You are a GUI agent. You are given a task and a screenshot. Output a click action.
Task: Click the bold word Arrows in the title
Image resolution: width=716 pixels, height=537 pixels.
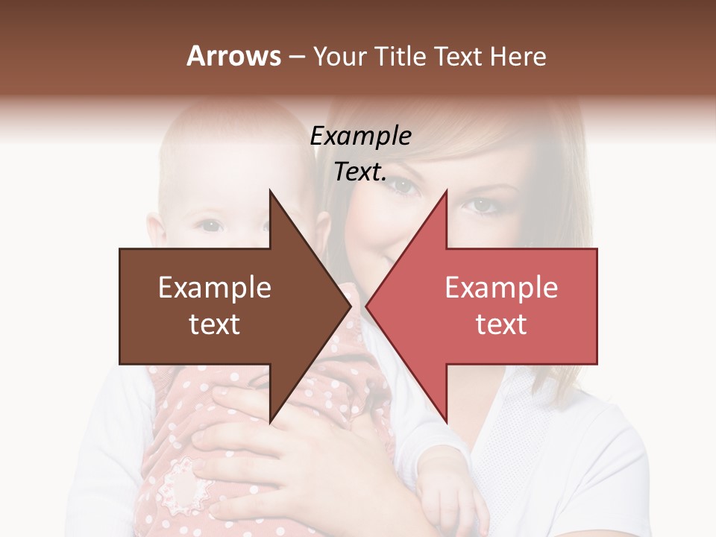pyautogui.click(x=234, y=56)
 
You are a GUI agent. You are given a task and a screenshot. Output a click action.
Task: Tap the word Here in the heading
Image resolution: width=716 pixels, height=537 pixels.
pyautogui.click(x=518, y=56)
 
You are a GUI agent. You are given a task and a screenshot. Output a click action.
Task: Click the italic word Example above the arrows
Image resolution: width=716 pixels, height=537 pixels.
pyautogui.click(x=360, y=136)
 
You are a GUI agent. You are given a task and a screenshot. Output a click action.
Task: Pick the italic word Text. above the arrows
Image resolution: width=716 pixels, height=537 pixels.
pyautogui.click(x=360, y=172)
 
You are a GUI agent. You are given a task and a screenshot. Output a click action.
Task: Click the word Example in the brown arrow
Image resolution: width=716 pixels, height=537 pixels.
pyautogui.click(x=215, y=288)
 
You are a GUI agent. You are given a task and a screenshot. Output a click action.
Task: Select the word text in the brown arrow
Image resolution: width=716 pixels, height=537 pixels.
pyautogui.click(x=215, y=324)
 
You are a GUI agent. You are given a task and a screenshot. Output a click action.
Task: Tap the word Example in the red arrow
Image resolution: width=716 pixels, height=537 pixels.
pyautogui.click(x=501, y=288)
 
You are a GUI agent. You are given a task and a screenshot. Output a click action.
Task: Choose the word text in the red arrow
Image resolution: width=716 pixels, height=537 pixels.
pyautogui.click(x=501, y=324)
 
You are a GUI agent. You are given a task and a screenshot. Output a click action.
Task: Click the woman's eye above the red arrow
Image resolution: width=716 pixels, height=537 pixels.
pyautogui.click(x=482, y=203)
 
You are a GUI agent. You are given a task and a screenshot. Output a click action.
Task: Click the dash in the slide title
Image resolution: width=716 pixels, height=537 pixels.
pyautogui.click(x=297, y=57)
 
